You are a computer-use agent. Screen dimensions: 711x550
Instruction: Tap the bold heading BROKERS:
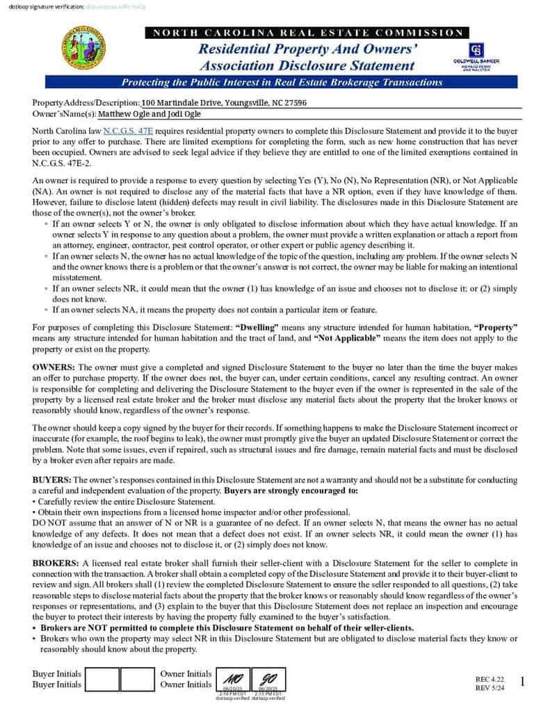[56, 562]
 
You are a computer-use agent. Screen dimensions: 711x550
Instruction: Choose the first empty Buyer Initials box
[102, 679]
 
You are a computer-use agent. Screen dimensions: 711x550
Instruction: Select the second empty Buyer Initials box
[137, 679]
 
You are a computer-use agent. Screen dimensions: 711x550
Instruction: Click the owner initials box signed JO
[268, 678]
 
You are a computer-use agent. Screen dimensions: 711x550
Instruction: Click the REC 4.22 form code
[490, 678]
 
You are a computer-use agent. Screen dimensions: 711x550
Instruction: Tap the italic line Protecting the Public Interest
[282, 82]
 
